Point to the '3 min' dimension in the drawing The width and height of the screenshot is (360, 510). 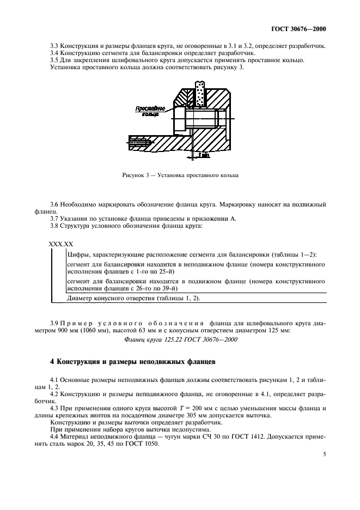point(204,155)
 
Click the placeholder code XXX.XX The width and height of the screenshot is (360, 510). point(62,245)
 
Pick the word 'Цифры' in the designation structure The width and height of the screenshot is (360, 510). point(77,254)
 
